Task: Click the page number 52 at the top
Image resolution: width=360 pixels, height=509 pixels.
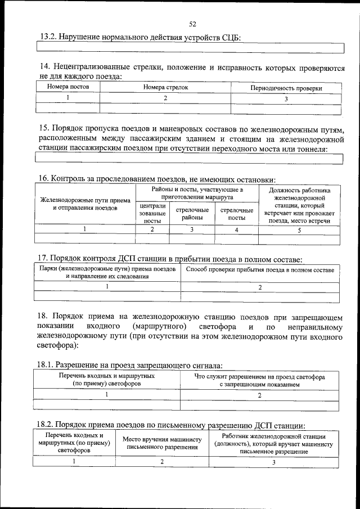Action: (192, 24)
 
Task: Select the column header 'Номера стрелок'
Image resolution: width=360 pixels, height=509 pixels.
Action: (165, 87)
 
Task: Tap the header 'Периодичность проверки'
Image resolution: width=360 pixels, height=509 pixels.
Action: (286, 88)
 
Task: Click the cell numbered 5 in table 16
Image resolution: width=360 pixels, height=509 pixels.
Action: (299, 229)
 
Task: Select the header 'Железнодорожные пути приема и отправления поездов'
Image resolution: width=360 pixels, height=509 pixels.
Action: (85, 204)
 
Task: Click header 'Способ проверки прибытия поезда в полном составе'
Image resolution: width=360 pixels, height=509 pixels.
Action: (259, 270)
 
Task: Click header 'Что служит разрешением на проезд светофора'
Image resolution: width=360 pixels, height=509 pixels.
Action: (259, 380)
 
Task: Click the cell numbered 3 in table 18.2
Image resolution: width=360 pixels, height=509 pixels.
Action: (273, 462)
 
